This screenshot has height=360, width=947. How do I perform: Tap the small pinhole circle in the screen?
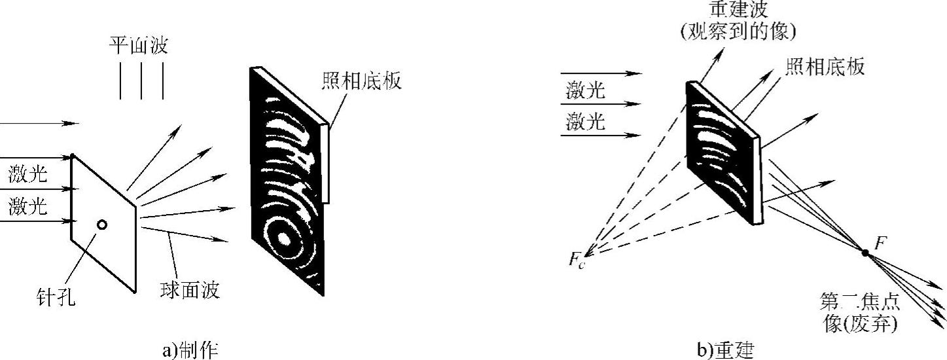[x=102, y=225]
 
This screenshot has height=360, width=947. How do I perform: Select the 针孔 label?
[x=56, y=299]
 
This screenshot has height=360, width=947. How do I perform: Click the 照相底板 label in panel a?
[x=361, y=81]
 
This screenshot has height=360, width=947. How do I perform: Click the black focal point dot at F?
[x=865, y=252]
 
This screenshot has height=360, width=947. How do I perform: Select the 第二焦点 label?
[x=859, y=302]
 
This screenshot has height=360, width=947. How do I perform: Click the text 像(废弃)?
[x=859, y=324]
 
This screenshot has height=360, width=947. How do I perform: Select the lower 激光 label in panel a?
[x=28, y=207]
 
